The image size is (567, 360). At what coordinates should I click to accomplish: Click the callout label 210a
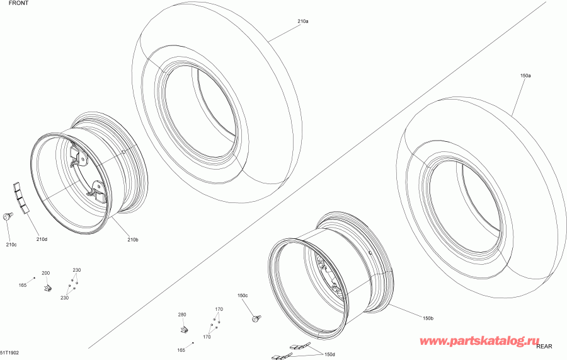click(x=302, y=21)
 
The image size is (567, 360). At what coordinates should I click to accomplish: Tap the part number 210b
click(x=133, y=239)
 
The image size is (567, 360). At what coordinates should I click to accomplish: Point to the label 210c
click(x=11, y=244)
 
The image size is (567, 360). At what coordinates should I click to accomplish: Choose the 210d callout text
click(x=42, y=239)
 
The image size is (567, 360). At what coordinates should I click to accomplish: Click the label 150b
click(x=428, y=318)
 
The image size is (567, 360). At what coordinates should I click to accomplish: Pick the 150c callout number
click(x=243, y=296)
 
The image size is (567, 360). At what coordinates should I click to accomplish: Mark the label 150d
click(x=329, y=354)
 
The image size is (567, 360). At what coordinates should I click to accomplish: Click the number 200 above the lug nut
click(x=45, y=273)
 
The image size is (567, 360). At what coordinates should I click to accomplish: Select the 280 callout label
click(x=182, y=314)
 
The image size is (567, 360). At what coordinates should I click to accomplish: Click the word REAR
click(x=544, y=346)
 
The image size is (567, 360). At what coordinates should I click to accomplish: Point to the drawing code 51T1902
click(x=10, y=354)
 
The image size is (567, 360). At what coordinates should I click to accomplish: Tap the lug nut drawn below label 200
click(x=47, y=288)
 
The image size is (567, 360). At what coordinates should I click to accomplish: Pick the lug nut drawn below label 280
click(x=183, y=329)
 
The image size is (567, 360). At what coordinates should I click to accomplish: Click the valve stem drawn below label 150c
click(x=257, y=319)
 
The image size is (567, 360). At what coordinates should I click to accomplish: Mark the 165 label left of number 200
click(x=22, y=286)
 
